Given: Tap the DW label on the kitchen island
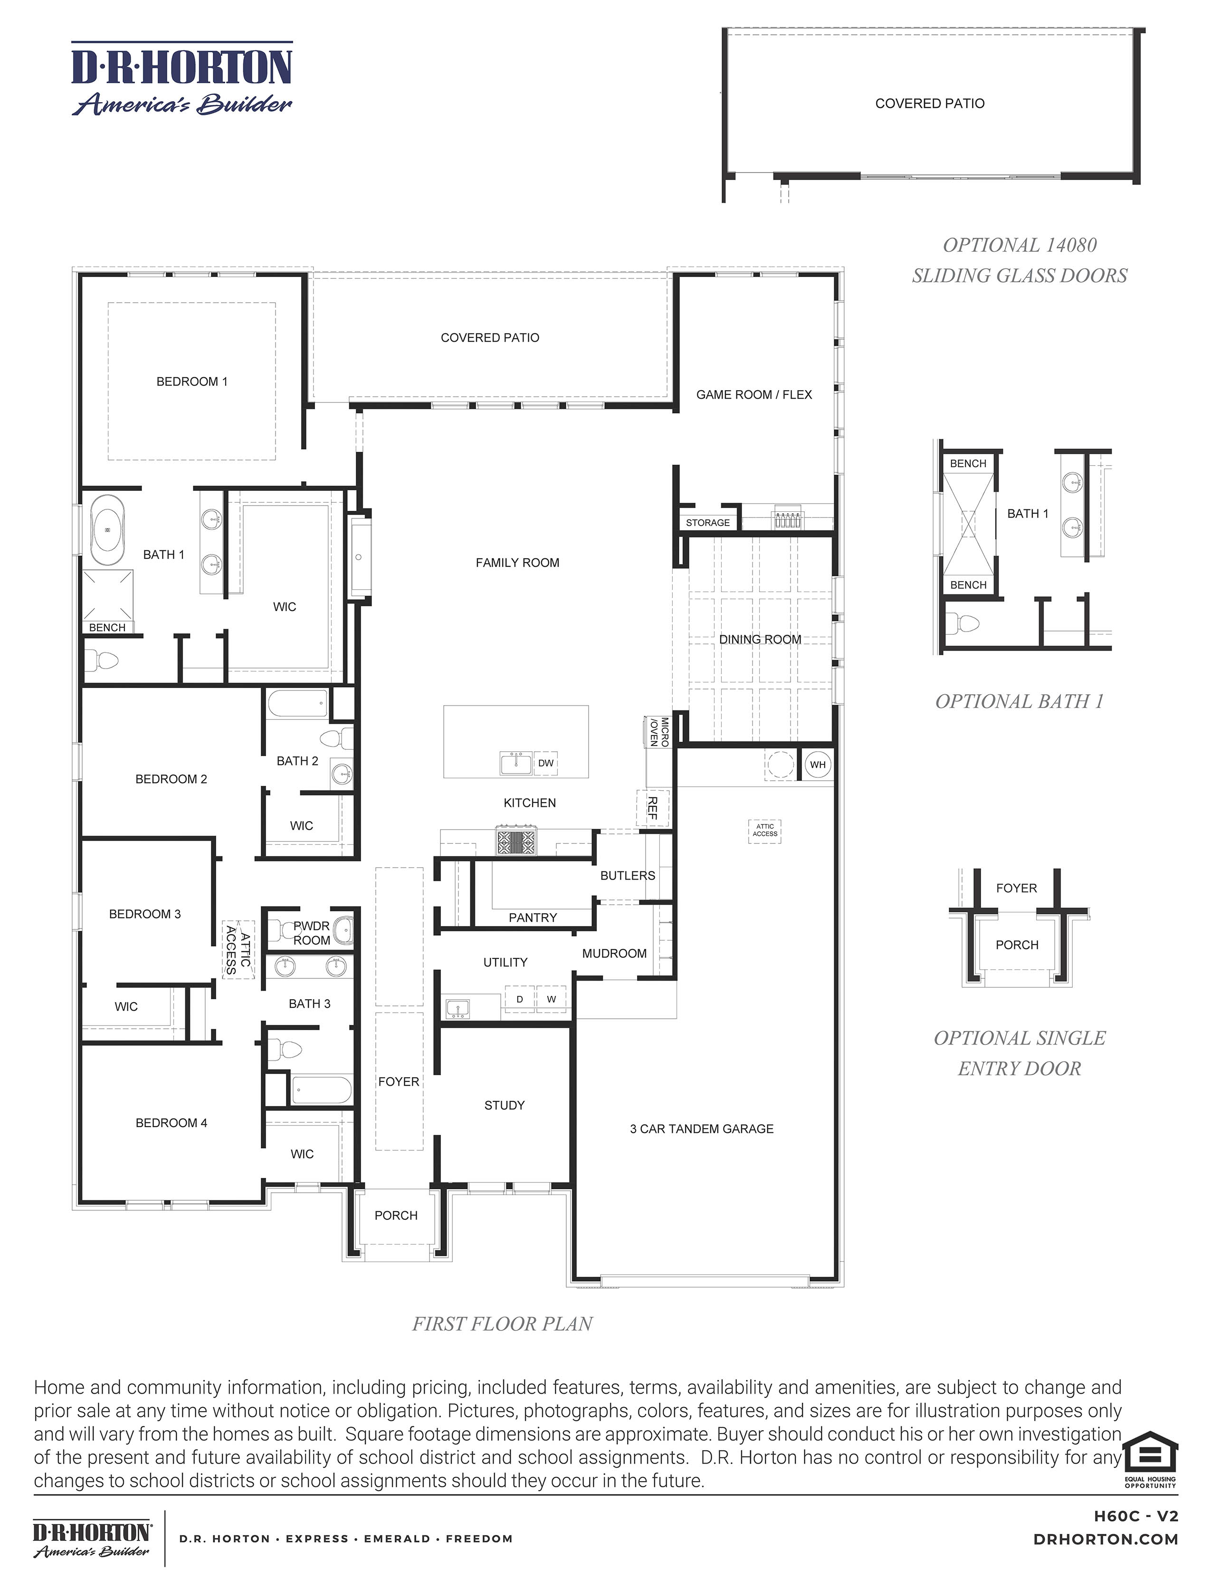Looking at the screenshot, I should pyautogui.click(x=546, y=763).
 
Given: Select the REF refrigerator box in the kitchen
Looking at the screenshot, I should pyautogui.click(x=653, y=808).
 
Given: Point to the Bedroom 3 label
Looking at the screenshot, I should pyautogui.click(x=144, y=914).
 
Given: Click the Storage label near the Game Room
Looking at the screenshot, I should pyautogui.click(x=707, y=523).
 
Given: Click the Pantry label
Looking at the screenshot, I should pyautogui.click(x=533, y=918).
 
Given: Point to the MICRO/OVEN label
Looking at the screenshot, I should pyautogui.click(x=659, y=732).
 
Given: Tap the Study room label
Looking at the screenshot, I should pyautogui.click(x=505, y=1105).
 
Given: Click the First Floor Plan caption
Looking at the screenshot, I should pyautogui.click(x=502, y=1324).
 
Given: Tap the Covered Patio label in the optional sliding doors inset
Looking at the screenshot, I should pyautogui.click(x=929, y=104).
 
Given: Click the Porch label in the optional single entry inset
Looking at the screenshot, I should pyautogui.click(x=1017, y=945).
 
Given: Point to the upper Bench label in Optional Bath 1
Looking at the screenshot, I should pyautogui.click(x=968, y=463).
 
